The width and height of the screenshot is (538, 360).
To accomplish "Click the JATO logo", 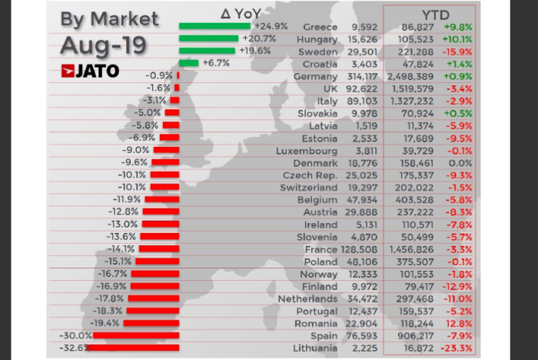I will [90, 71].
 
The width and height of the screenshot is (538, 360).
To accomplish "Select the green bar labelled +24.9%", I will [209, 26].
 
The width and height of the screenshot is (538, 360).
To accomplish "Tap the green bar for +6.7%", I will [189, 63].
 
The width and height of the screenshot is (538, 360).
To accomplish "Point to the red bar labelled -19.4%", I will [151, 322].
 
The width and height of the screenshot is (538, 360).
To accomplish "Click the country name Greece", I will [320, 26].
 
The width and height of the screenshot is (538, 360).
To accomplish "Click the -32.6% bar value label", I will [74, 347].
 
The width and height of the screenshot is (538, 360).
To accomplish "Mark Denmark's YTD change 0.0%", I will [460, 162].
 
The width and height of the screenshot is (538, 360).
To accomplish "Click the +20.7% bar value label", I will [260, 38].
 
